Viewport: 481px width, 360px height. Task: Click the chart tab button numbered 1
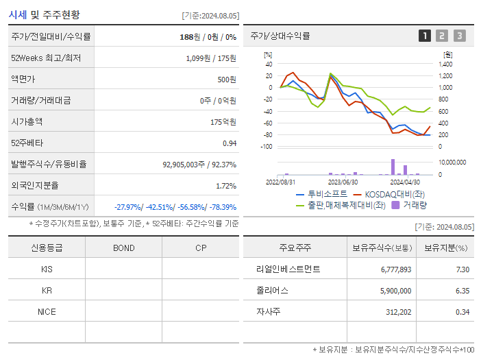click(x=425, y=36)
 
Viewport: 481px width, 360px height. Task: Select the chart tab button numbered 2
click(x=442, y=36)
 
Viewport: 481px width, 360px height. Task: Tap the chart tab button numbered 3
click(x=459, y=36)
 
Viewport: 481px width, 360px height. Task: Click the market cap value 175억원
click(x=223, y=121)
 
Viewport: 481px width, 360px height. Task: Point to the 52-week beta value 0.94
click(x=229, y=143)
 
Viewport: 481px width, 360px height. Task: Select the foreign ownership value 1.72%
click(x=225, y=185)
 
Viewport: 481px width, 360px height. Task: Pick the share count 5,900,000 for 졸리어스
click(x=395, y=291)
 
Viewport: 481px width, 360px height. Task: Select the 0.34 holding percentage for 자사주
click(x=463, y=312)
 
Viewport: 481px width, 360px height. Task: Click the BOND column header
click(x=123, y=248)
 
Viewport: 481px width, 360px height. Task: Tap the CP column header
click(x=200, y=248)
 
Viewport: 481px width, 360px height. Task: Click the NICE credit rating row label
click(x=47, y=312)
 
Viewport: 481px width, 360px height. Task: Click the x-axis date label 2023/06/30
click(x=343, y=182)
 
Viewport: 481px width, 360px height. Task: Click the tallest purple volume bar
click(x=393, y=167)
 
